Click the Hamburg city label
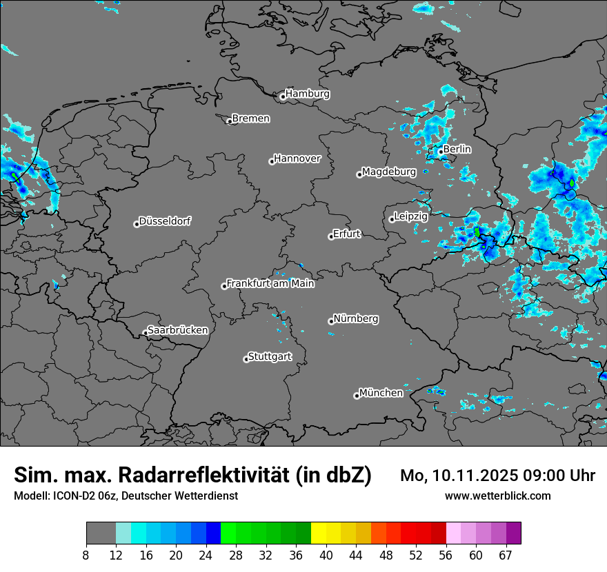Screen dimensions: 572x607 pyautogui.click(x=307, y=94)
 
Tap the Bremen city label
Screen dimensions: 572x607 pyautogui.click(x=250, y=119)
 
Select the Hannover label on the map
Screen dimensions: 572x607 pyautogui.click(x=297, y=159)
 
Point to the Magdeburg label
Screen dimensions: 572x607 pyautogui.click(x=389, y=172)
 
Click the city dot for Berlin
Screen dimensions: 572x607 pyautogui.click(x=441, y=152)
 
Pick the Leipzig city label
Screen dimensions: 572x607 pyautogui.click(x=411, y=216)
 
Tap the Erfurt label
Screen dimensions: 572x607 pyautogui.click(x=346, y=234)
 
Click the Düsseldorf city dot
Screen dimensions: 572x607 pyautogui.click(x=137, y=224)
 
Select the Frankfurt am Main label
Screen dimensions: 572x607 pyautogui.click(x=270, y=283)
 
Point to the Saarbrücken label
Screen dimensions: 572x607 pyautogui.click(x=177, y=330)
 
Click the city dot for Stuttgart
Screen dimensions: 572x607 pyautogui.click(x=246, y=359)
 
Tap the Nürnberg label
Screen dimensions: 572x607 pyautogui.click(x=356, y=319)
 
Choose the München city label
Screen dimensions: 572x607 pyautogui.click(x=381, y=393)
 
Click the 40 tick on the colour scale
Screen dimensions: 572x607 pyautogui.click(x=326, y=555)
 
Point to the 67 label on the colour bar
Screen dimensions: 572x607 pyautogui.click(x=506, y=555)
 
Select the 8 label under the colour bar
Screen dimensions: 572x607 pyautogui.click(x=86, y=555)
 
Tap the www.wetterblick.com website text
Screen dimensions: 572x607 pyautogui.click(x=497, y=496)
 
